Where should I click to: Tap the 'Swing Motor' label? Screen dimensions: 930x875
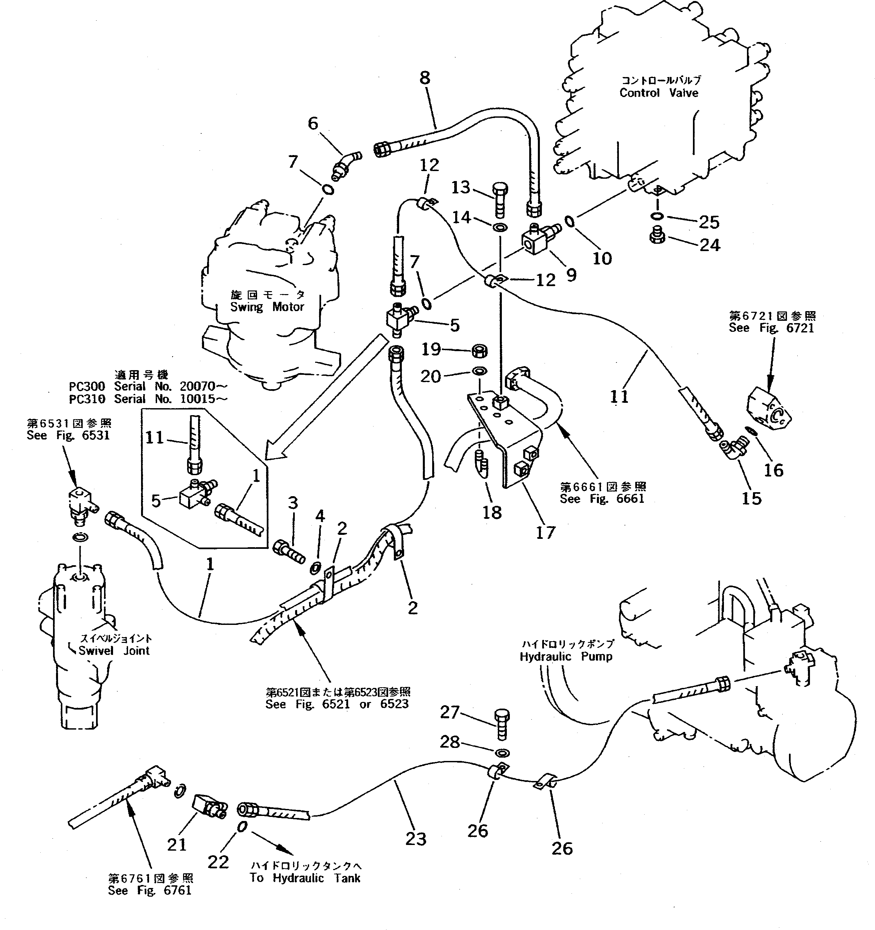[x=267, y=307]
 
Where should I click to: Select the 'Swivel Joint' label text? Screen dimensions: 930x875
[x=114, y=651]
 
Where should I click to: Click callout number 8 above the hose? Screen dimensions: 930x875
[x=424, y=78]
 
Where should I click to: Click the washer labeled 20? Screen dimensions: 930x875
[x=480, y=371]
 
